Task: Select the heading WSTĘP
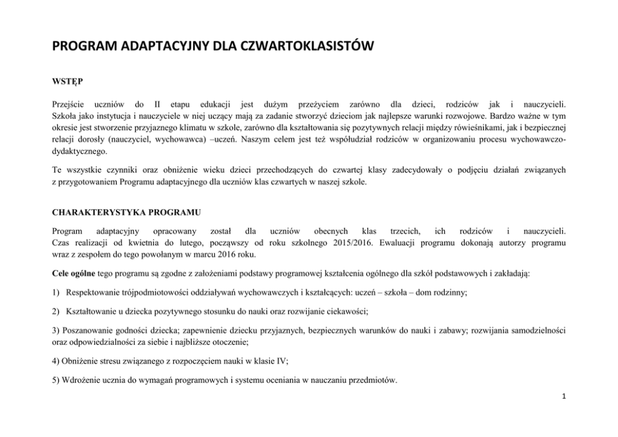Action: point(65,80)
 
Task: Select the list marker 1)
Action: point(56,292)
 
